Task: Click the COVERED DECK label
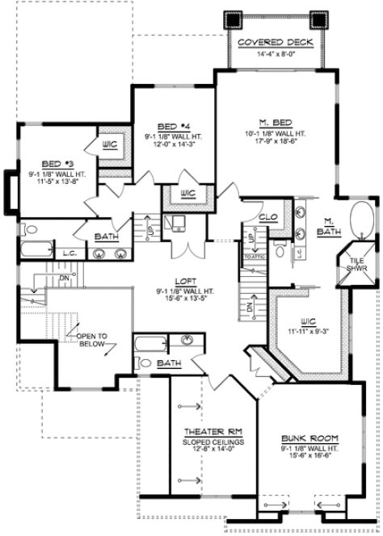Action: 270,42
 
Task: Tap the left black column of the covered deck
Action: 233,19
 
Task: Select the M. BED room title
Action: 275,123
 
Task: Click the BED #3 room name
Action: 51,163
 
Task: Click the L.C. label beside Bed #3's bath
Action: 70,253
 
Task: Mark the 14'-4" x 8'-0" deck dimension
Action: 270,55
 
